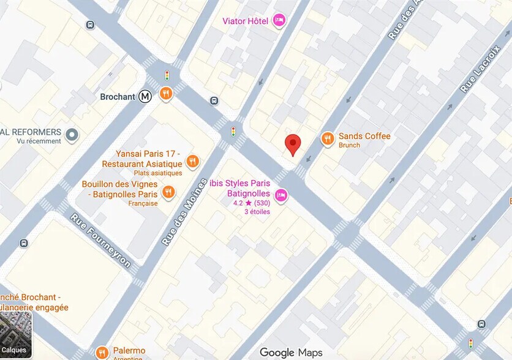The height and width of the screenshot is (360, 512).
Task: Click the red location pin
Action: point(293,144)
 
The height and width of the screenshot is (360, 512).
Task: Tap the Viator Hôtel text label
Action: point(245,21)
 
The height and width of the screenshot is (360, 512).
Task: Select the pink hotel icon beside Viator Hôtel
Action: point(279,21)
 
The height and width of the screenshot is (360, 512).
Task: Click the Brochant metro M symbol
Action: point(145,96)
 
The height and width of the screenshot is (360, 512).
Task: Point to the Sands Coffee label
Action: point(364,136)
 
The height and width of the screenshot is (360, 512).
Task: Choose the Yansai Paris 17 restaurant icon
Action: point(193,162)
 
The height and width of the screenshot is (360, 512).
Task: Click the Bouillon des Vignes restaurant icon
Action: point(169,192)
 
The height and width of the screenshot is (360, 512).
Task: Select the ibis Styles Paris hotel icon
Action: point(281,195)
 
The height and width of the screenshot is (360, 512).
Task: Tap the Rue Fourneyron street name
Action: point(100,241)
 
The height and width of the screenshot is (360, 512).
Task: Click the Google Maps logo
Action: point(290,352)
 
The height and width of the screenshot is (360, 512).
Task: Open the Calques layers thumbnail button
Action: point(15,335)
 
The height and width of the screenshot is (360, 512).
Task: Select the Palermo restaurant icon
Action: point(102,352)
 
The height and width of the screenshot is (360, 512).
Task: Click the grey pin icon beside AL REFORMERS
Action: point(72,134)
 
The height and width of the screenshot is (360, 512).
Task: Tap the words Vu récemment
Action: point(39,141)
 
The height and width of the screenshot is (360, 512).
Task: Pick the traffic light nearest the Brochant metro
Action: point(167,75)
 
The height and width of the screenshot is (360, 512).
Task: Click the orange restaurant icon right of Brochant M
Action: point(165,94)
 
